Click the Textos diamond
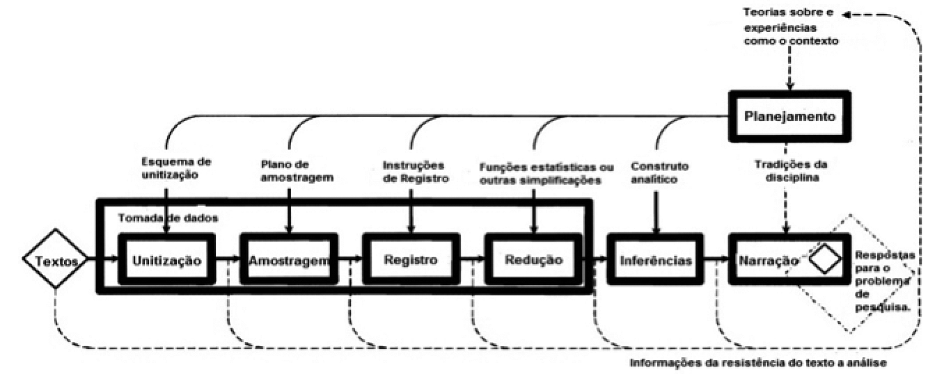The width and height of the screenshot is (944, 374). click(x=55, y=259)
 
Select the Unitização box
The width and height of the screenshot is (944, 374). click(x=167, y=259)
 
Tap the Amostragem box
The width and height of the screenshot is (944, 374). click(x=289, y=259)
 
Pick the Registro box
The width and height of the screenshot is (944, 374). click(x=411, y=259)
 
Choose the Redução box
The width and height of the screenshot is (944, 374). click(x=533, y=259)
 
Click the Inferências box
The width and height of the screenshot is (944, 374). click(x=656, y=259)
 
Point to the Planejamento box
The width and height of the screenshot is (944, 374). click(x=789, y=116)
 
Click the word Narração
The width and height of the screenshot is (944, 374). click(x=769, y=261)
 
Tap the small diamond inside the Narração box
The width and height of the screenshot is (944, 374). click(x=825, y=259)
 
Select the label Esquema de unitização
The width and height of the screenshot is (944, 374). click(x=176, y=168)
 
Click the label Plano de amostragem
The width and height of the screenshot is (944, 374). click(x=297, y=170)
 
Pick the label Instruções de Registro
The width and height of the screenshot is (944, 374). click(x=416, y=172)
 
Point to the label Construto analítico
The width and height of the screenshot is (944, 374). click(x=659, y=173)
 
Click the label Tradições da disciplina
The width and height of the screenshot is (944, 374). click(x=791, y=171)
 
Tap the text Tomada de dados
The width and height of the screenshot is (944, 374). click(x=168, y=218)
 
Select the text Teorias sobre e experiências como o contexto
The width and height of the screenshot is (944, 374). click(x=791, y=27)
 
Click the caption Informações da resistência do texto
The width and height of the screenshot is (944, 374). click(x=757, y=363)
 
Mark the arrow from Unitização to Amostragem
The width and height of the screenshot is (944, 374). click(x=228, y=259)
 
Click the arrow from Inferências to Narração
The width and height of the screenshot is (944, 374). click(x=716, y=259)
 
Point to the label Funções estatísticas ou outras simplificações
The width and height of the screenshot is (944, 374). click(x=546, y=174)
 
